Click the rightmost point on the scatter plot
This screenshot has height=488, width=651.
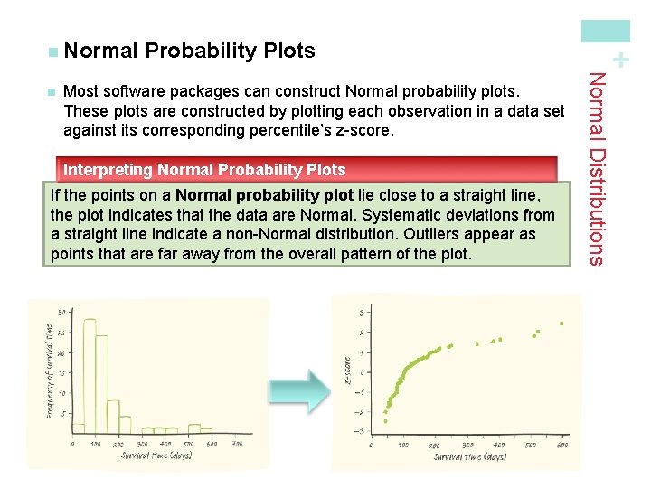(561, 323)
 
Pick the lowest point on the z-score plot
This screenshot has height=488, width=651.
(384, 421)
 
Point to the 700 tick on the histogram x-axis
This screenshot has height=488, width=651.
(237, 444)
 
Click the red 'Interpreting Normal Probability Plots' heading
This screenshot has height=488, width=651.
(204, 169)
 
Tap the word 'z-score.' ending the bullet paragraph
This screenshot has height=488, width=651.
(365, 130)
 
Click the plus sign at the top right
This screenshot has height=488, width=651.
(619, 61)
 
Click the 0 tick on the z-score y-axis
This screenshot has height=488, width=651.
(362, 372)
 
